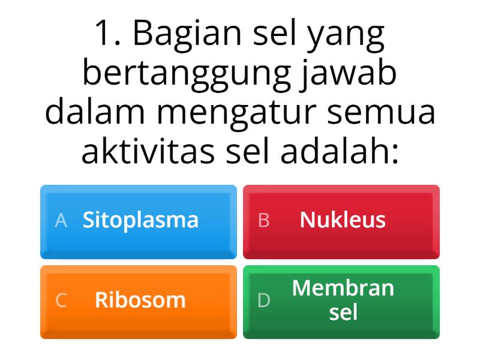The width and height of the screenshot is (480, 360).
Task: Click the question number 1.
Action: pos(104,35)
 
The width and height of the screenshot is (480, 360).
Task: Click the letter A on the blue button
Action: pos(61,221)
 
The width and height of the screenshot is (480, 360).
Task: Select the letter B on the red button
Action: pos(263,221)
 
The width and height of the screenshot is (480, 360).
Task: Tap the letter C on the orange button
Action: pos(61,301)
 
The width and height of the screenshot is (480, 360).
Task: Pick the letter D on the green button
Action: pos(263,301)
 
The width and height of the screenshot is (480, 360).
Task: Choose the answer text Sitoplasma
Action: pos(140,220)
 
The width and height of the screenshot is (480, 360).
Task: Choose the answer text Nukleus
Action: pos(343,220)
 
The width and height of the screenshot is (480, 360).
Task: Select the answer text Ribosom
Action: pos(140,300)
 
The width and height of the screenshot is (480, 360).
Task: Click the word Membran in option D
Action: pos(343,289)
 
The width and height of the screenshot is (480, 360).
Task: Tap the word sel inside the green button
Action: pos(343,313)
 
